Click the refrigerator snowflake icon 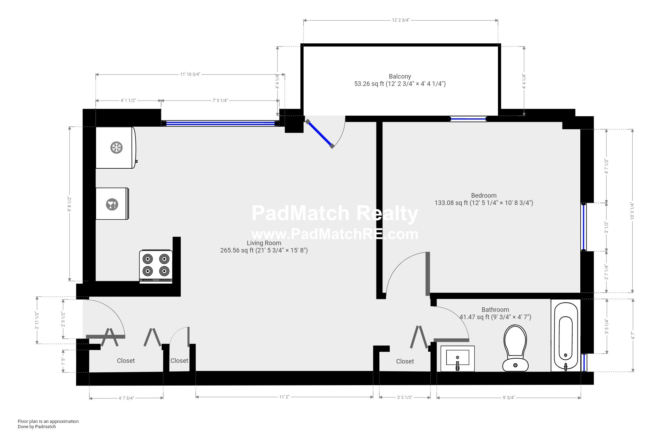(x=117, y=148)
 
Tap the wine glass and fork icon (x=112, y=204)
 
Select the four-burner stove (x=156, y=266)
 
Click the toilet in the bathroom (x=515, y=348)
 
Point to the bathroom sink (x=457, y=359)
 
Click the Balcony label (x=400, y=76)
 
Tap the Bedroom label (x=484, y=196)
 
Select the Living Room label (x=264, y=243)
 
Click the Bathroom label (x=495, y=310)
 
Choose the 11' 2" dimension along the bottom (x=284, y=397)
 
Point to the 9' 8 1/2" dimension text (x=70, y=204)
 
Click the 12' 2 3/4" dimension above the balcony (x=401, y=20)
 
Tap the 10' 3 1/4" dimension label (x=632, y=211)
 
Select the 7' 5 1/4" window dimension (x=220, y=101)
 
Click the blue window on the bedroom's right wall (x=583, y=227)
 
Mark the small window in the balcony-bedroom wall (x=468, y=119)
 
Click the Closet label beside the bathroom (x=405, y=361)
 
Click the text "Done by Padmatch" (x=37, y=426)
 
